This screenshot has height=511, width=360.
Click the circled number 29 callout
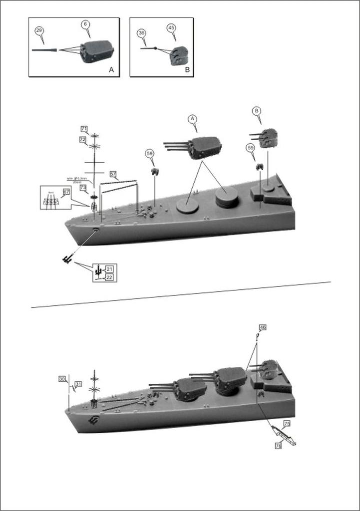39,30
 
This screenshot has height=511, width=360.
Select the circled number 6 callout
85,24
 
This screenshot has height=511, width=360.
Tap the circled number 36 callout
142,32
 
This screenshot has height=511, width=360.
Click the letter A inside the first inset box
111,70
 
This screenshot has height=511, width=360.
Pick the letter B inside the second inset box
187,70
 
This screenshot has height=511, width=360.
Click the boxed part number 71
84,129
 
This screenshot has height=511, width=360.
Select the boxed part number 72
82,140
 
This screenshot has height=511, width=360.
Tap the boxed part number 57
113,175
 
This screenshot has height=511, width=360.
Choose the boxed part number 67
66,192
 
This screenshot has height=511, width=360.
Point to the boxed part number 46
263,327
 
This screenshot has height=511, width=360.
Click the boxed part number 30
62,379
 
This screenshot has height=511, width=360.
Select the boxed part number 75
287,424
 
